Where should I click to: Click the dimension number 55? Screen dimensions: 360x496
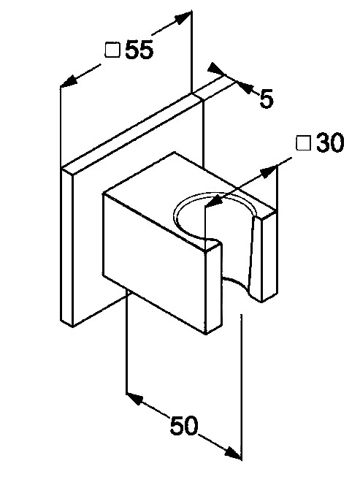tap(139, 50)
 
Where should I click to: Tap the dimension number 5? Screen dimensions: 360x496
tap(266, 99)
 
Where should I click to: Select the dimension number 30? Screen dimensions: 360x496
tap(330, 142)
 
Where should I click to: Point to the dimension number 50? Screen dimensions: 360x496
tap(184, 425)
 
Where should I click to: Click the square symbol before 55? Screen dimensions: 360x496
tap(112, 50)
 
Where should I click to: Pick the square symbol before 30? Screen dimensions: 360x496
tap(303, 142)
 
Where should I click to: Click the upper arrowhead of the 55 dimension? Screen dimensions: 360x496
tap(183, 18)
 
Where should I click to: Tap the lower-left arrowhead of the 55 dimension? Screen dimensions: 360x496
tap(69, 81)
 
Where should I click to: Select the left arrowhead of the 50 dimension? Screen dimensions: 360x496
tap(135, 399)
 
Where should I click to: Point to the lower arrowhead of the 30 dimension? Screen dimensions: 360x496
tap(215, 202)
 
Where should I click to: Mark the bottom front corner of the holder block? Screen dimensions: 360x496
tap(206, 334)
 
